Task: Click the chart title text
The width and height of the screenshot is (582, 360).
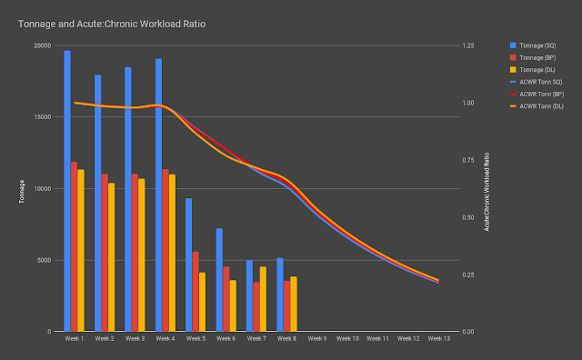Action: (112, 25)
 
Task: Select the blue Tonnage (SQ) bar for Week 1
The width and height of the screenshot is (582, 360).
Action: (67, 191)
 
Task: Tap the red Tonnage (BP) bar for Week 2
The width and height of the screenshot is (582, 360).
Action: (105, 253)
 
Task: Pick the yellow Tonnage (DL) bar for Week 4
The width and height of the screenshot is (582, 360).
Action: (172, 253)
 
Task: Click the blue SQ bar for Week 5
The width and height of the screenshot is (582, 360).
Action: (188, 265)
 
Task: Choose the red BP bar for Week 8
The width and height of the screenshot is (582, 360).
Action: (287, 306)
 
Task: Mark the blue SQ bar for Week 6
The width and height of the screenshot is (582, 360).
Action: (219, 280)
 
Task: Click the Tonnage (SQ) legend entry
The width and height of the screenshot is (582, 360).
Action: (533, 45)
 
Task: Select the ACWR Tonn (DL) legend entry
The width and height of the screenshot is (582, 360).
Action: (537, 106)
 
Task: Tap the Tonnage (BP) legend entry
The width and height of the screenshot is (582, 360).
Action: (533, 58)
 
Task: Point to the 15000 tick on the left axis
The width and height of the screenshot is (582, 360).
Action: (43, 117)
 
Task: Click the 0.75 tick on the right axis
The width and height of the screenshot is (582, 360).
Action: (468, 160)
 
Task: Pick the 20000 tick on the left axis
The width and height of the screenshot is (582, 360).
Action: (43, 45)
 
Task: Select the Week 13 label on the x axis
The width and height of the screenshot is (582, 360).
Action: (438, 339)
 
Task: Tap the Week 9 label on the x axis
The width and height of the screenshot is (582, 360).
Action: (317, 339)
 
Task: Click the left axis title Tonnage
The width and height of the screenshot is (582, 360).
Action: (22, 192)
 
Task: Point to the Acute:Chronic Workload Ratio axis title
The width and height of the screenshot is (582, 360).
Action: (487, 192)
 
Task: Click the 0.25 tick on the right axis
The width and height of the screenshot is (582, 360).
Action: (468, 275)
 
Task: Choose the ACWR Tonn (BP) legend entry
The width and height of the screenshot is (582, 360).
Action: (537, 95)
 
